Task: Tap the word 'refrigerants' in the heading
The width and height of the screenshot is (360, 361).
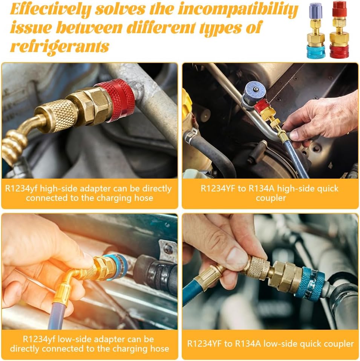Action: pos(60,46)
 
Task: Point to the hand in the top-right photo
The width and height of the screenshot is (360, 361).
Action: pos(322,120)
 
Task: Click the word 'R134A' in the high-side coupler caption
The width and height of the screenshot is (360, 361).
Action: pos(262,188)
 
